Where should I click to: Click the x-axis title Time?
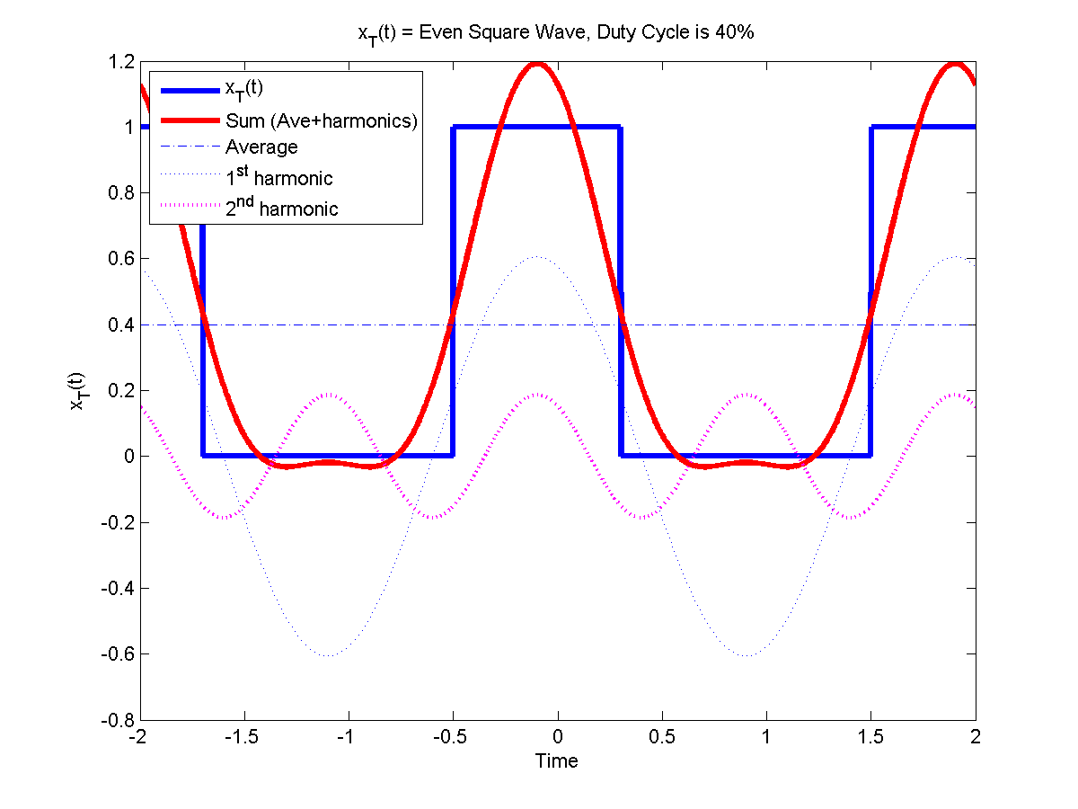pyautogui.click(x=557, y=761)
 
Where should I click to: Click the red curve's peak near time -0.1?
pyautogui.click(x=537, y=64)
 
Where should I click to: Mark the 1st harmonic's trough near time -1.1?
pyautogui.click(x=328, y=655)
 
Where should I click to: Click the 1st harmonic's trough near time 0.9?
pyautogui.click(x=746, y=655)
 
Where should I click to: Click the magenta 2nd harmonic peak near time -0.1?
pyautogui.click(x=537, y=395)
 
